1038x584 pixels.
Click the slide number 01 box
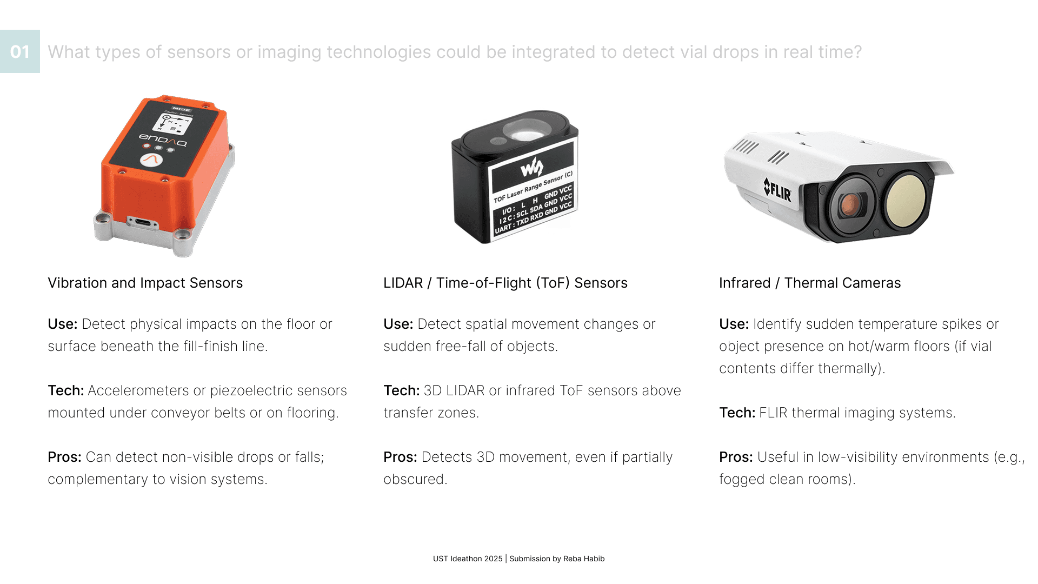[20, 51]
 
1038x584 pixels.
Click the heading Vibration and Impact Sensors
[145, 283]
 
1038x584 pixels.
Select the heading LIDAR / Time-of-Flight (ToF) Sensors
[505, 283]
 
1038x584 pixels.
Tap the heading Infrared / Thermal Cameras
[810, 283]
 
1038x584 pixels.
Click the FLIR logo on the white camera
[777, 189]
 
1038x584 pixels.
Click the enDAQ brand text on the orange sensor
[163, 140]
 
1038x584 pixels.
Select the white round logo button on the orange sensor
[151, 160]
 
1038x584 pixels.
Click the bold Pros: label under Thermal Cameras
[736, 457]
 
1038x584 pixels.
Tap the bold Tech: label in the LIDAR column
[402, 390]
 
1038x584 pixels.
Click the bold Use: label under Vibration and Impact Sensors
[63, 324]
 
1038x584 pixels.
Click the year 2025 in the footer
[494, 559]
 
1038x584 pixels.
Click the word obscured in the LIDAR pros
[415, 479]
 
